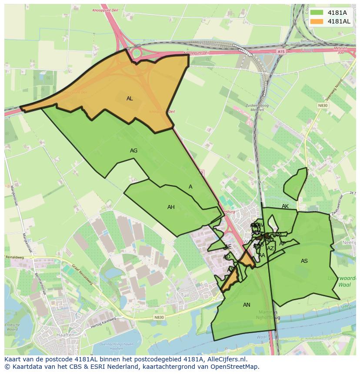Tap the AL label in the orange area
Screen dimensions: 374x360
point(130,99)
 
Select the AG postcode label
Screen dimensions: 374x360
point(133,151)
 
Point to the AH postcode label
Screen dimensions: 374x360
point(171,207)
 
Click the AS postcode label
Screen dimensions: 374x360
point(304,261)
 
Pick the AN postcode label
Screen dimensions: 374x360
point(247,305)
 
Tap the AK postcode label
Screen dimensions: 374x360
point(285,206)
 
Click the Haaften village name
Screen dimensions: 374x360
point(65,336)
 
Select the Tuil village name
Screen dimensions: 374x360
point(184,295)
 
